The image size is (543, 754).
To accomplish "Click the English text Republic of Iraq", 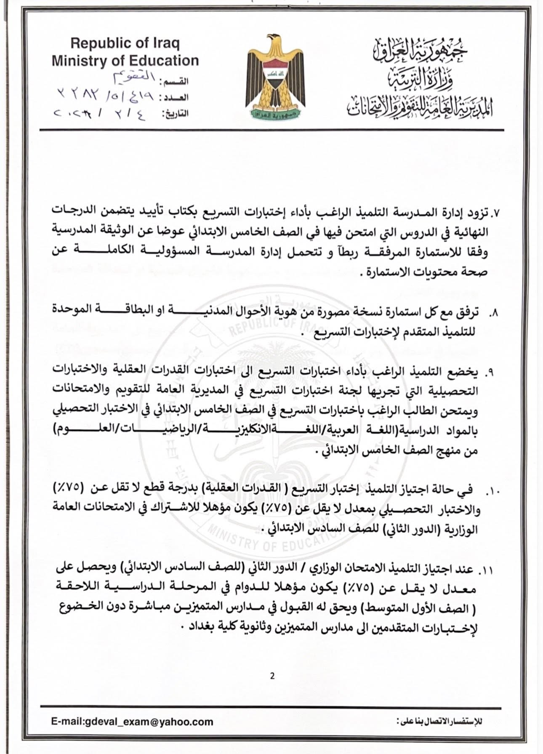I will pos(125,43).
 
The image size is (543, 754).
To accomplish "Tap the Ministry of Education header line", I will pos(125,61).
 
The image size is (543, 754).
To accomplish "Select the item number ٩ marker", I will pos(490,373).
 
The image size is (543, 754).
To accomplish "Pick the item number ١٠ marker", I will pos(491,491).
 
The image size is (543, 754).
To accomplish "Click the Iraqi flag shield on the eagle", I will pos(275,76).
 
